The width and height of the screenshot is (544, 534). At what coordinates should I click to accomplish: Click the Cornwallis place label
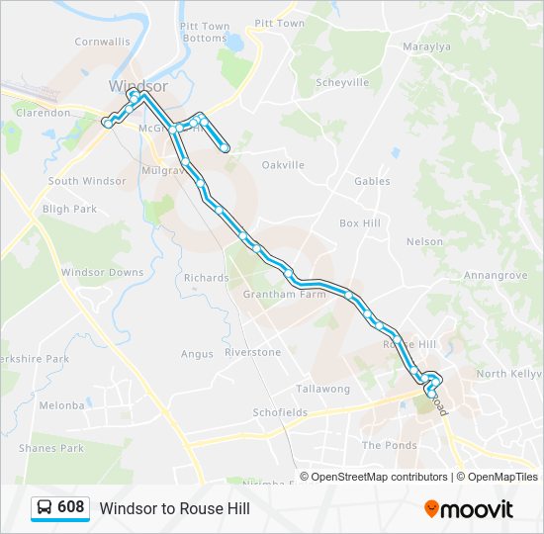click(x=102, y=43)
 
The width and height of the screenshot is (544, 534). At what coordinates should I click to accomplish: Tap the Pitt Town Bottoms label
click(x=205, y=33)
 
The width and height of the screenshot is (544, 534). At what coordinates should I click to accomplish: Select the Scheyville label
click(x=341, y=83)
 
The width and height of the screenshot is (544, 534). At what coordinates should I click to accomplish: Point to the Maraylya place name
click(x=427, y=46)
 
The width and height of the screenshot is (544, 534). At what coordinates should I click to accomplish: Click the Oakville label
click(x=283, y=165)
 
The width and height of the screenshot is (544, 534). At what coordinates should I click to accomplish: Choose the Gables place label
click(x=372, y=182)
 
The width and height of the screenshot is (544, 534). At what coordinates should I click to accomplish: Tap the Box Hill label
click(x=359, y=223)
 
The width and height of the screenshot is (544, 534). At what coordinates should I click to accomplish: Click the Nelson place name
click(x=424, y=241)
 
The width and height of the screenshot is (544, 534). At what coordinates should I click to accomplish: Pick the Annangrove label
click(x=492, y=276)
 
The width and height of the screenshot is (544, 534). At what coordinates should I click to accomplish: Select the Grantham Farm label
click(x=284, y=295)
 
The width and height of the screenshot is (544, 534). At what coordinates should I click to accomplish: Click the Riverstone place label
click(x=252, y=352)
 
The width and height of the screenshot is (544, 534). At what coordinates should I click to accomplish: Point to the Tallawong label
click(x=322, y=390)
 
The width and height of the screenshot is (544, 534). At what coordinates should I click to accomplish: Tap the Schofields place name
click(x=279, y=411)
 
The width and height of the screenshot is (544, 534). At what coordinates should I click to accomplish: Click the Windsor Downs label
click(x=102, y=273)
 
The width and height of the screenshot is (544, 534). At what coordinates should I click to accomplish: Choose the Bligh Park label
click(x=69, y=210)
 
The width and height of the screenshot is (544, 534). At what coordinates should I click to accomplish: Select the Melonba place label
click(x=61, y=405)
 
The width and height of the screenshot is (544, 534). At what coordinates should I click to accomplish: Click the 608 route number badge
click(x=58, y=508)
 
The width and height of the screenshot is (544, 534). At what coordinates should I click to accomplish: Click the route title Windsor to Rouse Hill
click(x=174, y=509)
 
